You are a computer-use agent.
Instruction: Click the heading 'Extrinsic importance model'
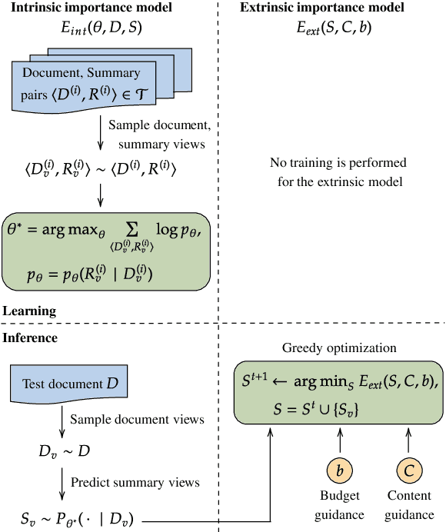tap(321, 9)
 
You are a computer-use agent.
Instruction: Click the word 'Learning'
tap(29, 311)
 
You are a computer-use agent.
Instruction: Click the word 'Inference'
tap(31, 337)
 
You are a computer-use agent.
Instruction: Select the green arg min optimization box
tap(338, 390)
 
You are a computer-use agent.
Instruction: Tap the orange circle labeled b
tap(340, 470)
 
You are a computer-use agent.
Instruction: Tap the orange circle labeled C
tap(408, 470)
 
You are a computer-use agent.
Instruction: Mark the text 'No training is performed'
tap(338, 163)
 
